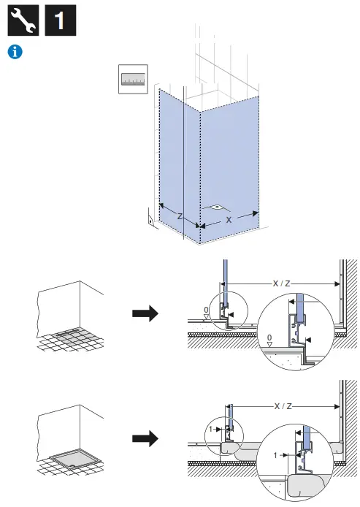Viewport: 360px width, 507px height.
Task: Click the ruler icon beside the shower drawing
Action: click(x=134, y=80)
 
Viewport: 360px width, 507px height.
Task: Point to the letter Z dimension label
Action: click(x=180, y=216)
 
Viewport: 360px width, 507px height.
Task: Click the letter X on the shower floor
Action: click(x=229, y=218)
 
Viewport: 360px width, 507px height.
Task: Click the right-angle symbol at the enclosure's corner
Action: click(x=150, y=217)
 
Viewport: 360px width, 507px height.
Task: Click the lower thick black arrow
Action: click(x=145, y=439)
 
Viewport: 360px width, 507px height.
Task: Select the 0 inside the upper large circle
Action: click(x=270, y=338)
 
